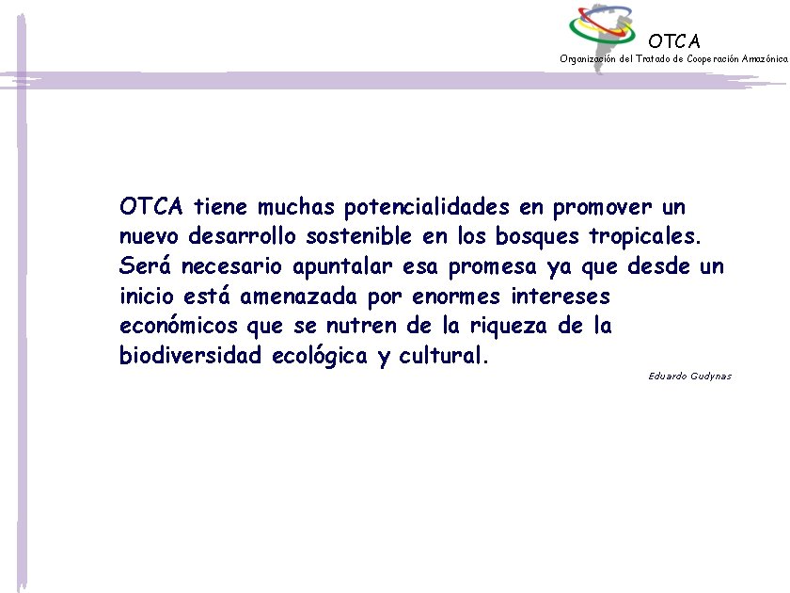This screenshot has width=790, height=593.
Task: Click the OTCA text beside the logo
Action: click(x=674, y=41)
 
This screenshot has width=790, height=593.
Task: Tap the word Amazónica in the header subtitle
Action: click(x=764, y=58)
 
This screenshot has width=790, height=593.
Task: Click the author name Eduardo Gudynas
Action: click(x=689, y=377)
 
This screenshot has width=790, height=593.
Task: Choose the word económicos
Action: click(x=180, y=327)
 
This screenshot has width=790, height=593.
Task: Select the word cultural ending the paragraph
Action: click(x=443, y=357)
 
